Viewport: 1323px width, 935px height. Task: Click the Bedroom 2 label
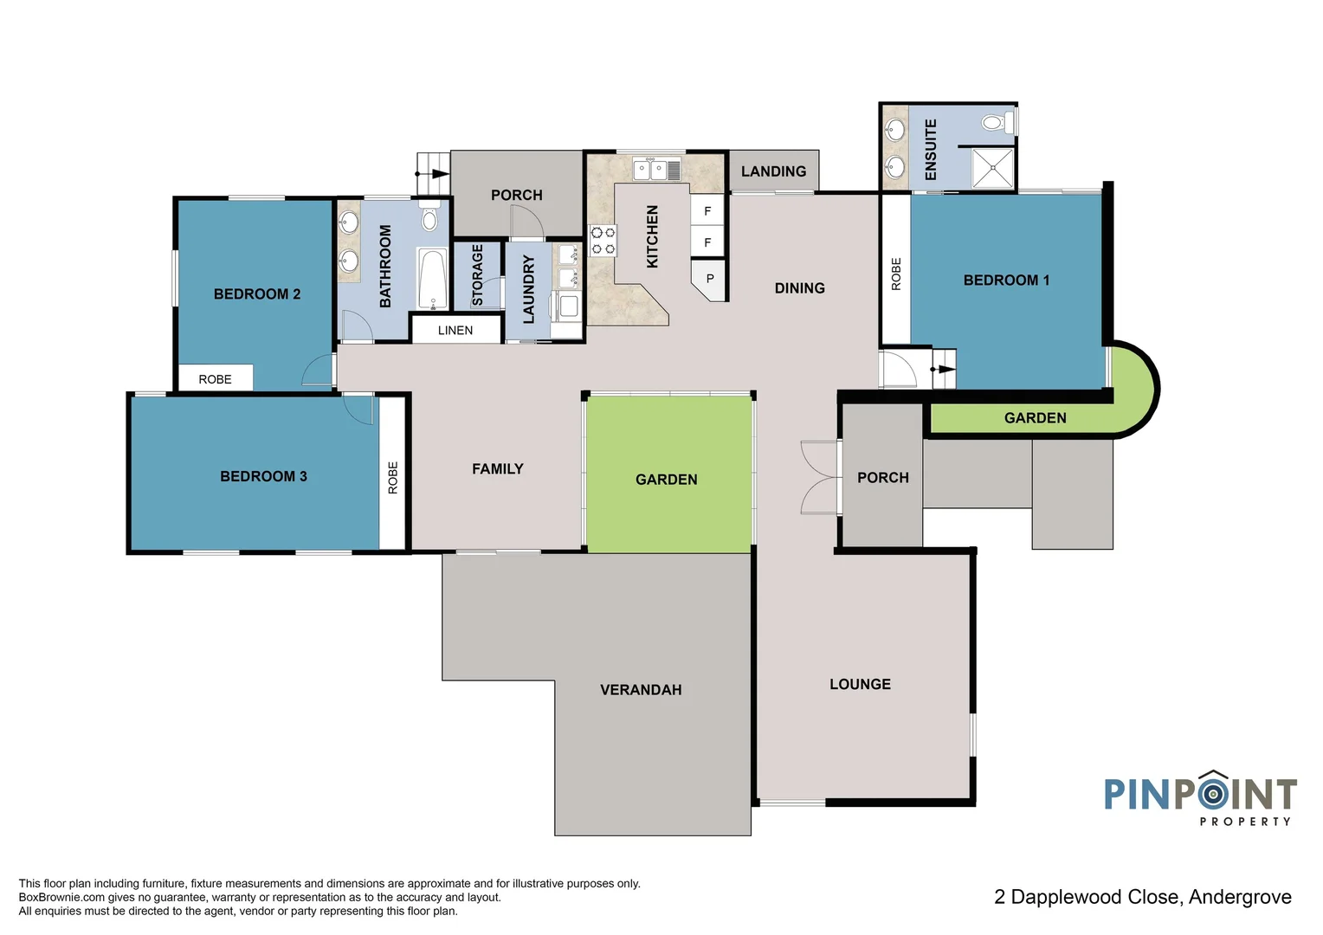pyautogui.click(x=257, y=294)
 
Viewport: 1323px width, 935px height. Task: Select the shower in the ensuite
pyautogui.click(x=992, y=168)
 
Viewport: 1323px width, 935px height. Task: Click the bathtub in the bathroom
pyautogui.click(x=431, y=279)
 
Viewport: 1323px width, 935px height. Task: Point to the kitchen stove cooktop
pyautogui.click(x=603, y=241)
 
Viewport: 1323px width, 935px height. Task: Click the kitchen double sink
pyautogui.click(x=651, y=170)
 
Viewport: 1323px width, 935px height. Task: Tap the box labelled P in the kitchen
pyautogui.click(x=710, y=279)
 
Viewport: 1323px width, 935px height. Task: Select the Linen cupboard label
pyautogui.click(x=455, y=331)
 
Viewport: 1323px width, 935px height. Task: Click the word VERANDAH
pyautogui.click(x=641, y=690)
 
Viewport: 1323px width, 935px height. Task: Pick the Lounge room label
pyautogui.click(x=860, y=684)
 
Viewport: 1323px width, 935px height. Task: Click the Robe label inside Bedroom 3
pyautogui.click(x=393, y=477)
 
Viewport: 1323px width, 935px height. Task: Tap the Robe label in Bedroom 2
pyautogui.click(x=215, y=379)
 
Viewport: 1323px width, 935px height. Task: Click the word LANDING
pyautogui.click(x=773, y=171)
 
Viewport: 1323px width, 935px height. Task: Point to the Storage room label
pyautogui.click(x=477, y=275)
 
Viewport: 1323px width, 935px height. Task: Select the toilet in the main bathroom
pyautogui.click(x=429, y=219)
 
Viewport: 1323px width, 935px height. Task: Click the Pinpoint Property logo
pyautogui.click(x=1200, y=797)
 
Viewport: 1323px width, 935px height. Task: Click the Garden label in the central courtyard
pyautogui.click(x=666, y=480)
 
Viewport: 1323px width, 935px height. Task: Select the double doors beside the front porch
pyautogui.click(x=818, y=478)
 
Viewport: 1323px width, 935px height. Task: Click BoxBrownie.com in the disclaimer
pyautogui.click(x=61, y=898)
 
